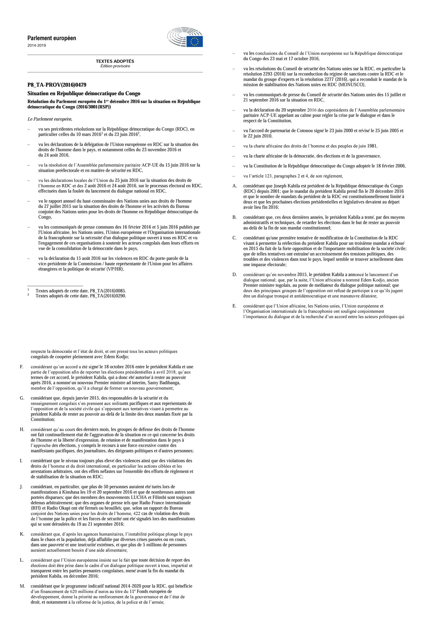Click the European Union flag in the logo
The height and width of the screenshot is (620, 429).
[x=194, y=42]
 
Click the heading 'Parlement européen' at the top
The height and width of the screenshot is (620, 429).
[x=52, y=38]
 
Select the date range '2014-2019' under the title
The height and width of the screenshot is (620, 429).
[x=37, y=45]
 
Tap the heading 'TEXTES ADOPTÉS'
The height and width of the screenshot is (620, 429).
[x=115, y=61]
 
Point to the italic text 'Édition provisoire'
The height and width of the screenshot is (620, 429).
[x=115, y=66]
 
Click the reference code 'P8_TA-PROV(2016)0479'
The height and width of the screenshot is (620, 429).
[x=57, y=85]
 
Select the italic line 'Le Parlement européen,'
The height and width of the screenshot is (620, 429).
[x=50, y=119]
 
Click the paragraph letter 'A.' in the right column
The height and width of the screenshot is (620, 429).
[x=235, y=186]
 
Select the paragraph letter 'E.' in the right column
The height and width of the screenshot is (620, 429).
[x=234, y=306]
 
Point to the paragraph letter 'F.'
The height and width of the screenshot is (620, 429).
[x=22, y=367]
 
